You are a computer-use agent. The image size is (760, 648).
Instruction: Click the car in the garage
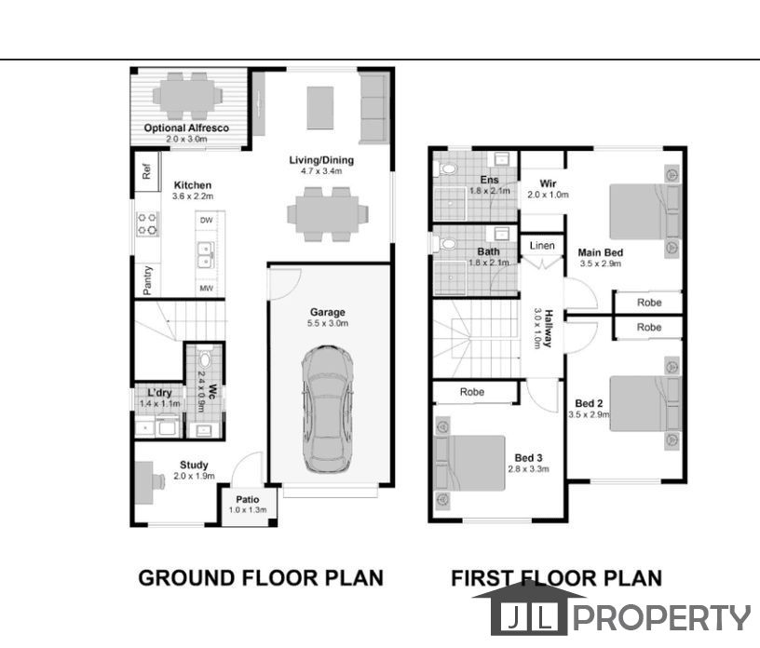tap(328, 410)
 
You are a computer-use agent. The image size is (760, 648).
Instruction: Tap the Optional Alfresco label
tap(186, 128)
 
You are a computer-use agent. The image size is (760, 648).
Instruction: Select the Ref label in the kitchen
tap(146, 170)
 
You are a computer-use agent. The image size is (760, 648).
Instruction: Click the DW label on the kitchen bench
tap(207, 220)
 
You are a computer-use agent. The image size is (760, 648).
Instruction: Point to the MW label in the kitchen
tap(207, 289)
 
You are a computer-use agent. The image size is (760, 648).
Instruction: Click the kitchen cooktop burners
tap(147, 224)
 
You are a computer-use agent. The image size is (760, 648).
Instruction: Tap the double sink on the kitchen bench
tap(206, 255)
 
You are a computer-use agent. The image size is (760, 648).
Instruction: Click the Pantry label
tap(147, 280)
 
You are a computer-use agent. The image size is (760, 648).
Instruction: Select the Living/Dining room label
tap(321, 160)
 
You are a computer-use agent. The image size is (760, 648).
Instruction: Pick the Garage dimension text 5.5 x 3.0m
tap(328, 323)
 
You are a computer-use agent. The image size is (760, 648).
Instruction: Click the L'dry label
tap(159, 393)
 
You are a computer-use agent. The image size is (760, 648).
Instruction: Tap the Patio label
tap(248, 499)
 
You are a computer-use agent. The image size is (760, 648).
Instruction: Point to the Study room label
tap(194, 465)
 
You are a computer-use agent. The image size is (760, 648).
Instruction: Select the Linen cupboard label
tap(542, 246)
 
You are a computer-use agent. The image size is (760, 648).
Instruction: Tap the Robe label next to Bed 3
tap(472, 392)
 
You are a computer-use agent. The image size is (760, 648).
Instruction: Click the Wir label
tap(548, 183)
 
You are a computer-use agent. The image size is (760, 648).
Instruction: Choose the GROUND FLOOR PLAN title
tap(261, 578)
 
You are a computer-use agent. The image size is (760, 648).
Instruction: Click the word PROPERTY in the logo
tap(662, 618)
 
